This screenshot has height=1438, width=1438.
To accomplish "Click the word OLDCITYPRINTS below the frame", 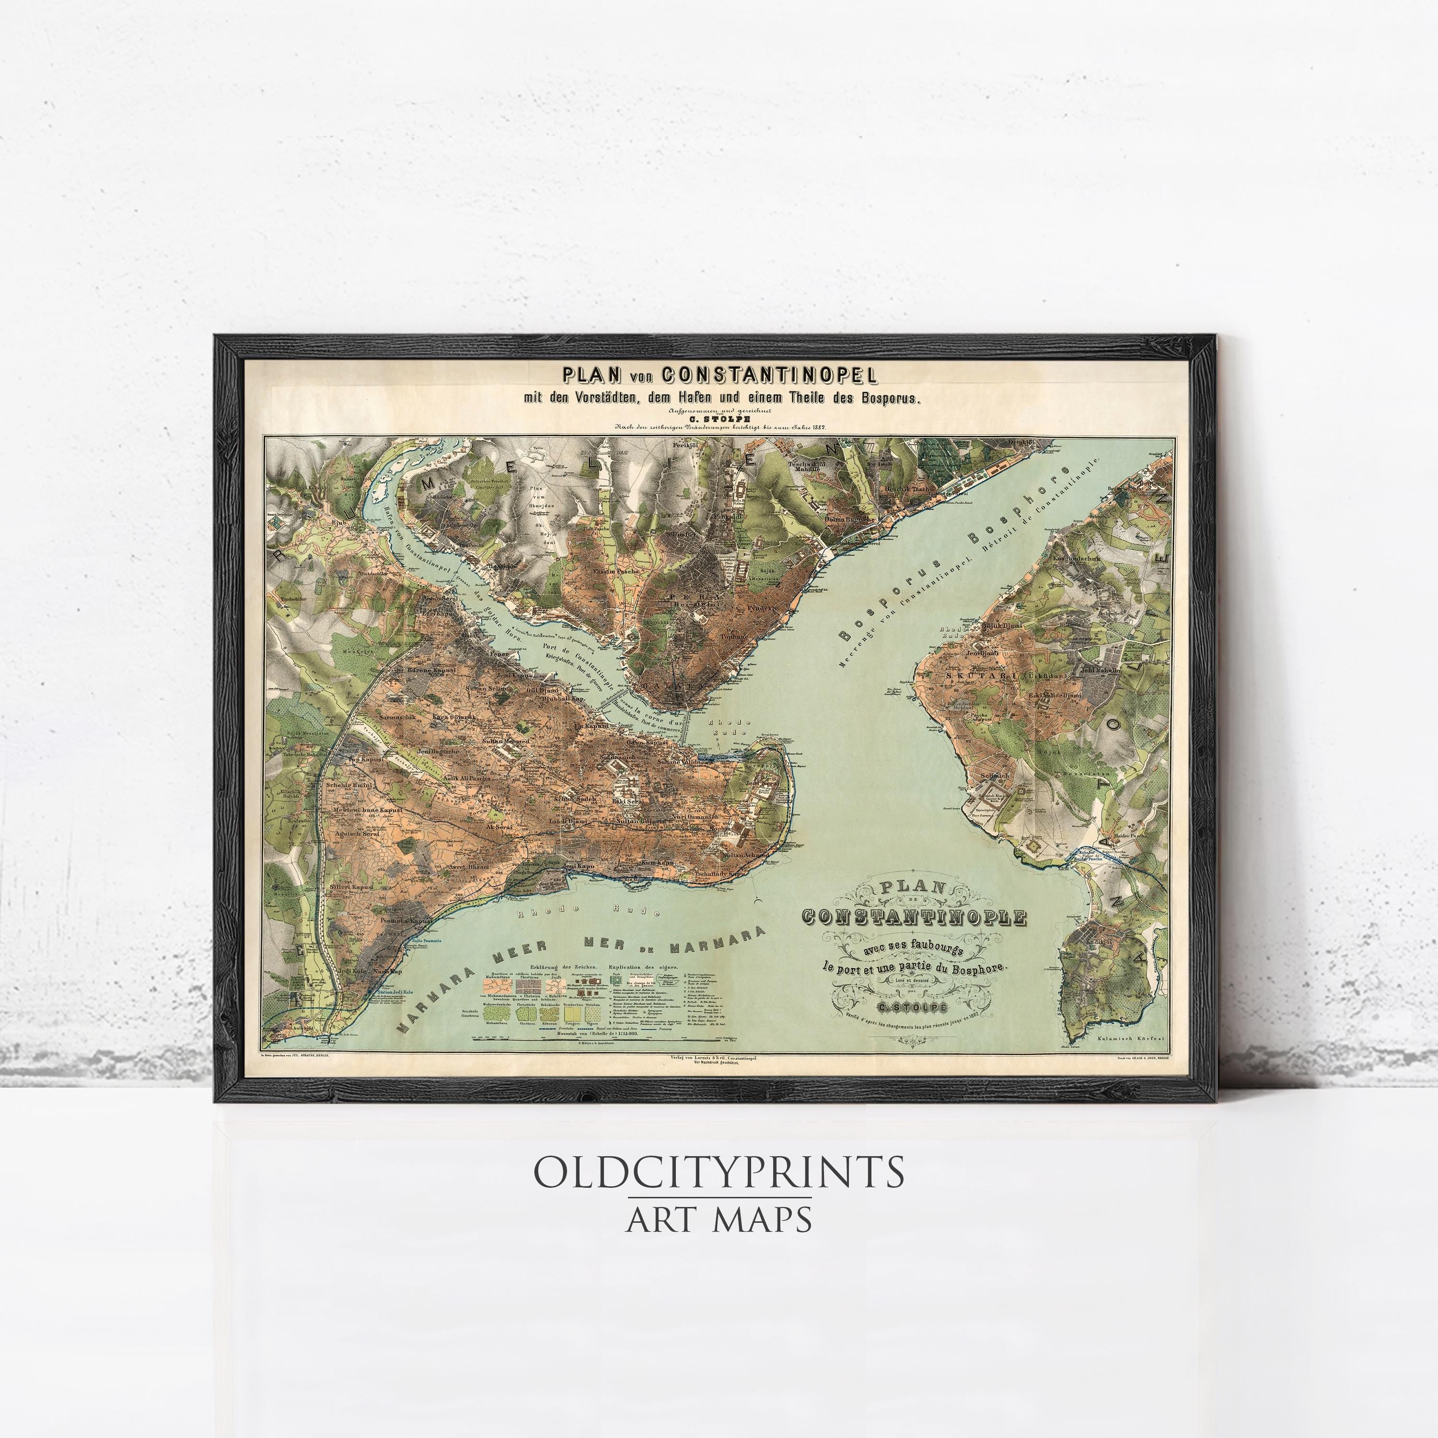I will click(x=718, y=1172).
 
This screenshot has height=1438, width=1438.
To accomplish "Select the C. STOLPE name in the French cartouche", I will click(x=913, y=1008).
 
